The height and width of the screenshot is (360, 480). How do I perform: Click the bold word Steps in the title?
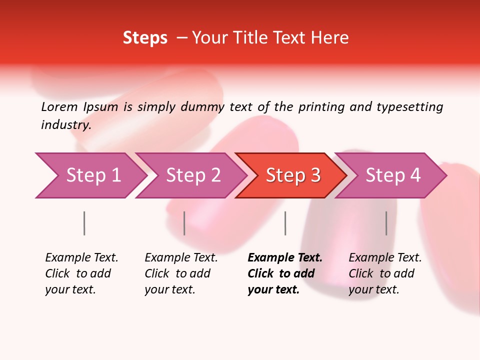[x=145, y=38]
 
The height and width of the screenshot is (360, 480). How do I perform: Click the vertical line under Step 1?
[x=84, y=223]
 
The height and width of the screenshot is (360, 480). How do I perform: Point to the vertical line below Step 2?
[x=184, y=223]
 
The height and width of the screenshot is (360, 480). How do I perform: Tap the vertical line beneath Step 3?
[x=285, y=223]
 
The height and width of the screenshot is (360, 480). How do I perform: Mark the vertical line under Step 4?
[x=386, y=223]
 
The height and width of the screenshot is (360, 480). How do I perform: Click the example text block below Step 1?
[x=81, y=273]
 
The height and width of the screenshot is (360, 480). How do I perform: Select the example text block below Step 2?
[x=181, y=273]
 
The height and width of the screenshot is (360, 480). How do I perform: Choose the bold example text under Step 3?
[x=285, y=273]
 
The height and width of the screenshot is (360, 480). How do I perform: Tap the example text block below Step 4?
[x=385, y=273]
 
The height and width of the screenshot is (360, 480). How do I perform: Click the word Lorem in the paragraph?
[x=59, y=107]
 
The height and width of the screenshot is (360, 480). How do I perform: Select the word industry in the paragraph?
[x=65, y=125]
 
